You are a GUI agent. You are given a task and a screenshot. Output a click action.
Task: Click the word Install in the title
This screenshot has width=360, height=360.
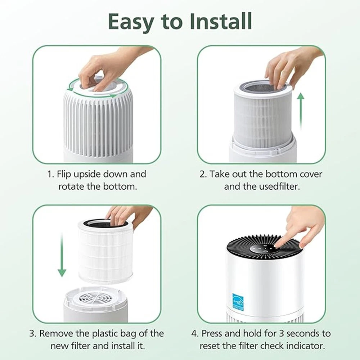(x=221, y=21)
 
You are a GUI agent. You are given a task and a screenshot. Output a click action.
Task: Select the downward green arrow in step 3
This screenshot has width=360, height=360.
(x=62, y=255)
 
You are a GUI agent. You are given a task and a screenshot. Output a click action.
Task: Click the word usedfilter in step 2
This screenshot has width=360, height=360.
(x=280, y=186)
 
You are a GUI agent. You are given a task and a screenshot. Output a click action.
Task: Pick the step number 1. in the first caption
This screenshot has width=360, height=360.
(x=51, y=174)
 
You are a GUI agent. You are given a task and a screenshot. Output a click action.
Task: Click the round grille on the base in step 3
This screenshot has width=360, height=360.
(x=96, y=298)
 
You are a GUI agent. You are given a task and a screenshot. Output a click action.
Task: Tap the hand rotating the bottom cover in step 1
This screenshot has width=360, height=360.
(x=108, y=69)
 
